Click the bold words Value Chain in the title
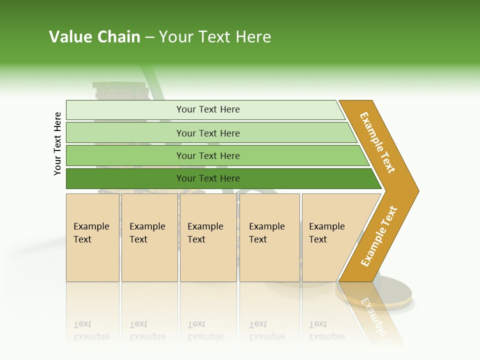pyautogui.click(x=94, y=37)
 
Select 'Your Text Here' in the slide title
pyautogui.click(x=215, y=37)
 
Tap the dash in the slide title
pyautogui.click(x=149, y=37)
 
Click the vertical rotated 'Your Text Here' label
pyautogui.click(x=57, y=143)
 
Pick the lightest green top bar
pyautogui.click(x=207, y=109)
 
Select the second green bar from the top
pyautogui.click(x=207, y=133)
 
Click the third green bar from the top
pyautogui.click(x=207, y=155)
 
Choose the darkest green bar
pyautogui.click(x=207, y=178)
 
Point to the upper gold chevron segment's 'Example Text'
pyautogui.click(x=377, y=142)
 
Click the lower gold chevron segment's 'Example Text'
pyautogui.click(x=379, y=236)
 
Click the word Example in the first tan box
pyautogui.click(x=91, y=226)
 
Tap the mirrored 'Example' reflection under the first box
pyautogui.click(x=91, y=336)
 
